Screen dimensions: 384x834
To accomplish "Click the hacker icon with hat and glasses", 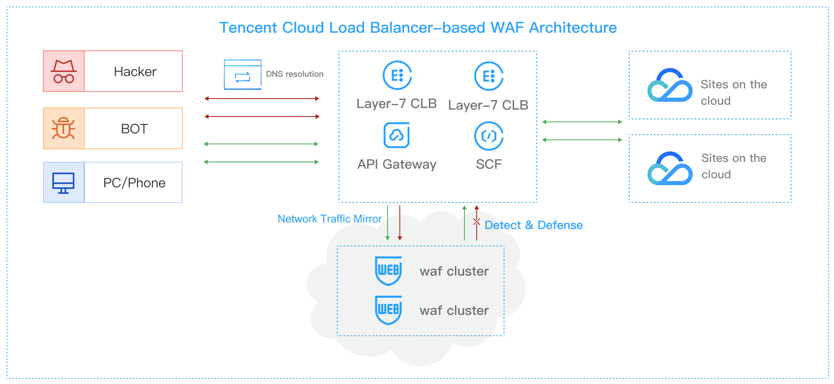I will (x=64, y=72).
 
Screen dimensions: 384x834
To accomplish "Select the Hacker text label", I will (x=135, y=72).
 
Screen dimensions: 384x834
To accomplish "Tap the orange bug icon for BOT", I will (x=63, y=128).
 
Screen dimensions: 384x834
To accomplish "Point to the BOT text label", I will (x=134, y=129).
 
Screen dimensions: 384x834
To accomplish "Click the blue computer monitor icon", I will (x=63, y=183).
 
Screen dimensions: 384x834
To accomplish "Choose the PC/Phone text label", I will (x=134, y=183).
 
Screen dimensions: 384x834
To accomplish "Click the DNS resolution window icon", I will (x=242, y=74).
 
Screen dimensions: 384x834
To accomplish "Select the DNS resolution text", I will (x=294, y=74).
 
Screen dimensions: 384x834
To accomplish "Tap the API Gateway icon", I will (x=397, y=135).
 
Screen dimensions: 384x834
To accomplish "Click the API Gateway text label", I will (x=397, y=164).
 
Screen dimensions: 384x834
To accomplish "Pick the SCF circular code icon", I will (x=489, y=136).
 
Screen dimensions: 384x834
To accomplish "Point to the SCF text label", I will (x=489, y=164).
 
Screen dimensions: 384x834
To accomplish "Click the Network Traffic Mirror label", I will (x=330, y=219).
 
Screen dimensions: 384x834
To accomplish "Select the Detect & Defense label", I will (x=534, y=225).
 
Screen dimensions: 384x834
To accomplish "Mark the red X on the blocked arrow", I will (x=477, y=222).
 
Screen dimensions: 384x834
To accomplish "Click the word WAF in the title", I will (x=507, y=28).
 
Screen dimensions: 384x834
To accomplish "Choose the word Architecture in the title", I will (x=573, y=28).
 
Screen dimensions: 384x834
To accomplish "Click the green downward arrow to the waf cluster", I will (x=388, y=223).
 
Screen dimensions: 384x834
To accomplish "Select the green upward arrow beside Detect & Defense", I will (x=464, y=223).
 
